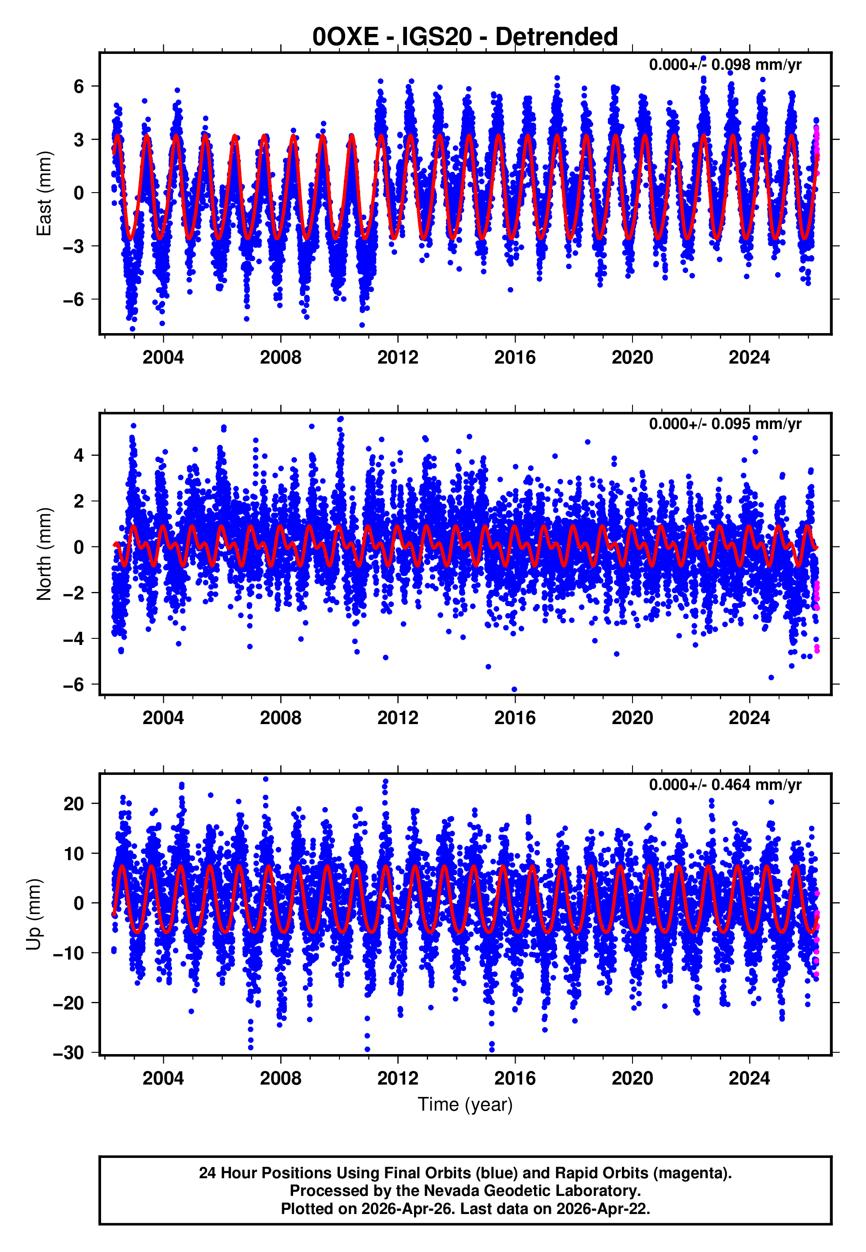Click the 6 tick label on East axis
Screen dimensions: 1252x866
pyautogui.click(x=79, y=86)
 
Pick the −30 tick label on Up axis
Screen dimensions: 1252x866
pyautogui.click(x=68, y=1053)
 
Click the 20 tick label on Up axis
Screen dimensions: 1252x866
pyautogui.click(x=73, y=804)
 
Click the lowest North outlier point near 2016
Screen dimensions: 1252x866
pyautogui.click(x=514, y=690)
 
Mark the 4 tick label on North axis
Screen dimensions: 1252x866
pyautogui.click(x=79, y=455)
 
